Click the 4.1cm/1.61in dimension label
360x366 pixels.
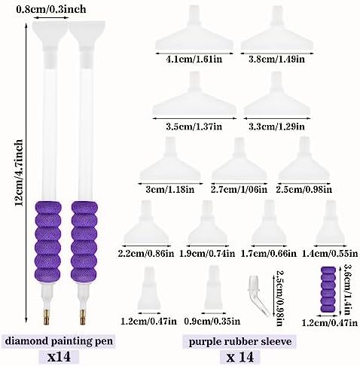pos(194,59)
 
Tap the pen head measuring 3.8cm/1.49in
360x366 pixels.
pos(277,29)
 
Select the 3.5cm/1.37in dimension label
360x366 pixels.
pos(194,127)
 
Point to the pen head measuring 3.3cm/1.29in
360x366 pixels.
pos(277,94)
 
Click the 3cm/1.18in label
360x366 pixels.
pos(170,189)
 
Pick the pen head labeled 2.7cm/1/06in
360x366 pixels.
pos(239,159)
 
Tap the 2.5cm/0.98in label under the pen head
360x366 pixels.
pos(304,189)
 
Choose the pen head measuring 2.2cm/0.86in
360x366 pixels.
pos(146,222)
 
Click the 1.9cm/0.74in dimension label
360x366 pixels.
pos(207,254)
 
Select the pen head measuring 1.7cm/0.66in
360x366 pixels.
pos(269,222)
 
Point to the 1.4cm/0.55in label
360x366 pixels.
pos(330,254)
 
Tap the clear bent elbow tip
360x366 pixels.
pos(258,295)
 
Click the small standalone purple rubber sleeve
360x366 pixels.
pos(328,290)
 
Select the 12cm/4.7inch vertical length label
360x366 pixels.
pos(19,173)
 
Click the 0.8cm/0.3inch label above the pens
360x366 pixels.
pos(51,10)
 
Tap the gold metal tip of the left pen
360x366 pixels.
pos(47,317)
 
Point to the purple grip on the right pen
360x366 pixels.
pos(84,241)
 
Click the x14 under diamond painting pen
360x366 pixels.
pos(59,357)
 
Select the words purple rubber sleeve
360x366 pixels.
pos(240,342)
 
